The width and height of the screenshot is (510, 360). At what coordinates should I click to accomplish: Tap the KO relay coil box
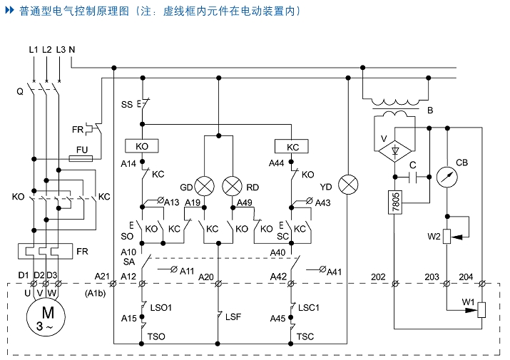pos(142,146)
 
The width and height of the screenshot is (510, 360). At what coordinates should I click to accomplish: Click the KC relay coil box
pos(292,146)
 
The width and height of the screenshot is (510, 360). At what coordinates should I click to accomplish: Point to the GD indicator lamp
pos(205,186)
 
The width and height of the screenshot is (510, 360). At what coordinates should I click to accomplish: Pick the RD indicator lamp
pos(233,186)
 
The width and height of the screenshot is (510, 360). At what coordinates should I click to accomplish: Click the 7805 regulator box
pos(396,202)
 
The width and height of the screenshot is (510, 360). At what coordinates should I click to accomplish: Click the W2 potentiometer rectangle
pos(447,237)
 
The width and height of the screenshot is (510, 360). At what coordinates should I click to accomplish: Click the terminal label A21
pos(102,276)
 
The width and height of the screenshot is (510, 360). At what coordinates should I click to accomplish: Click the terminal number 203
pos(432,276)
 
